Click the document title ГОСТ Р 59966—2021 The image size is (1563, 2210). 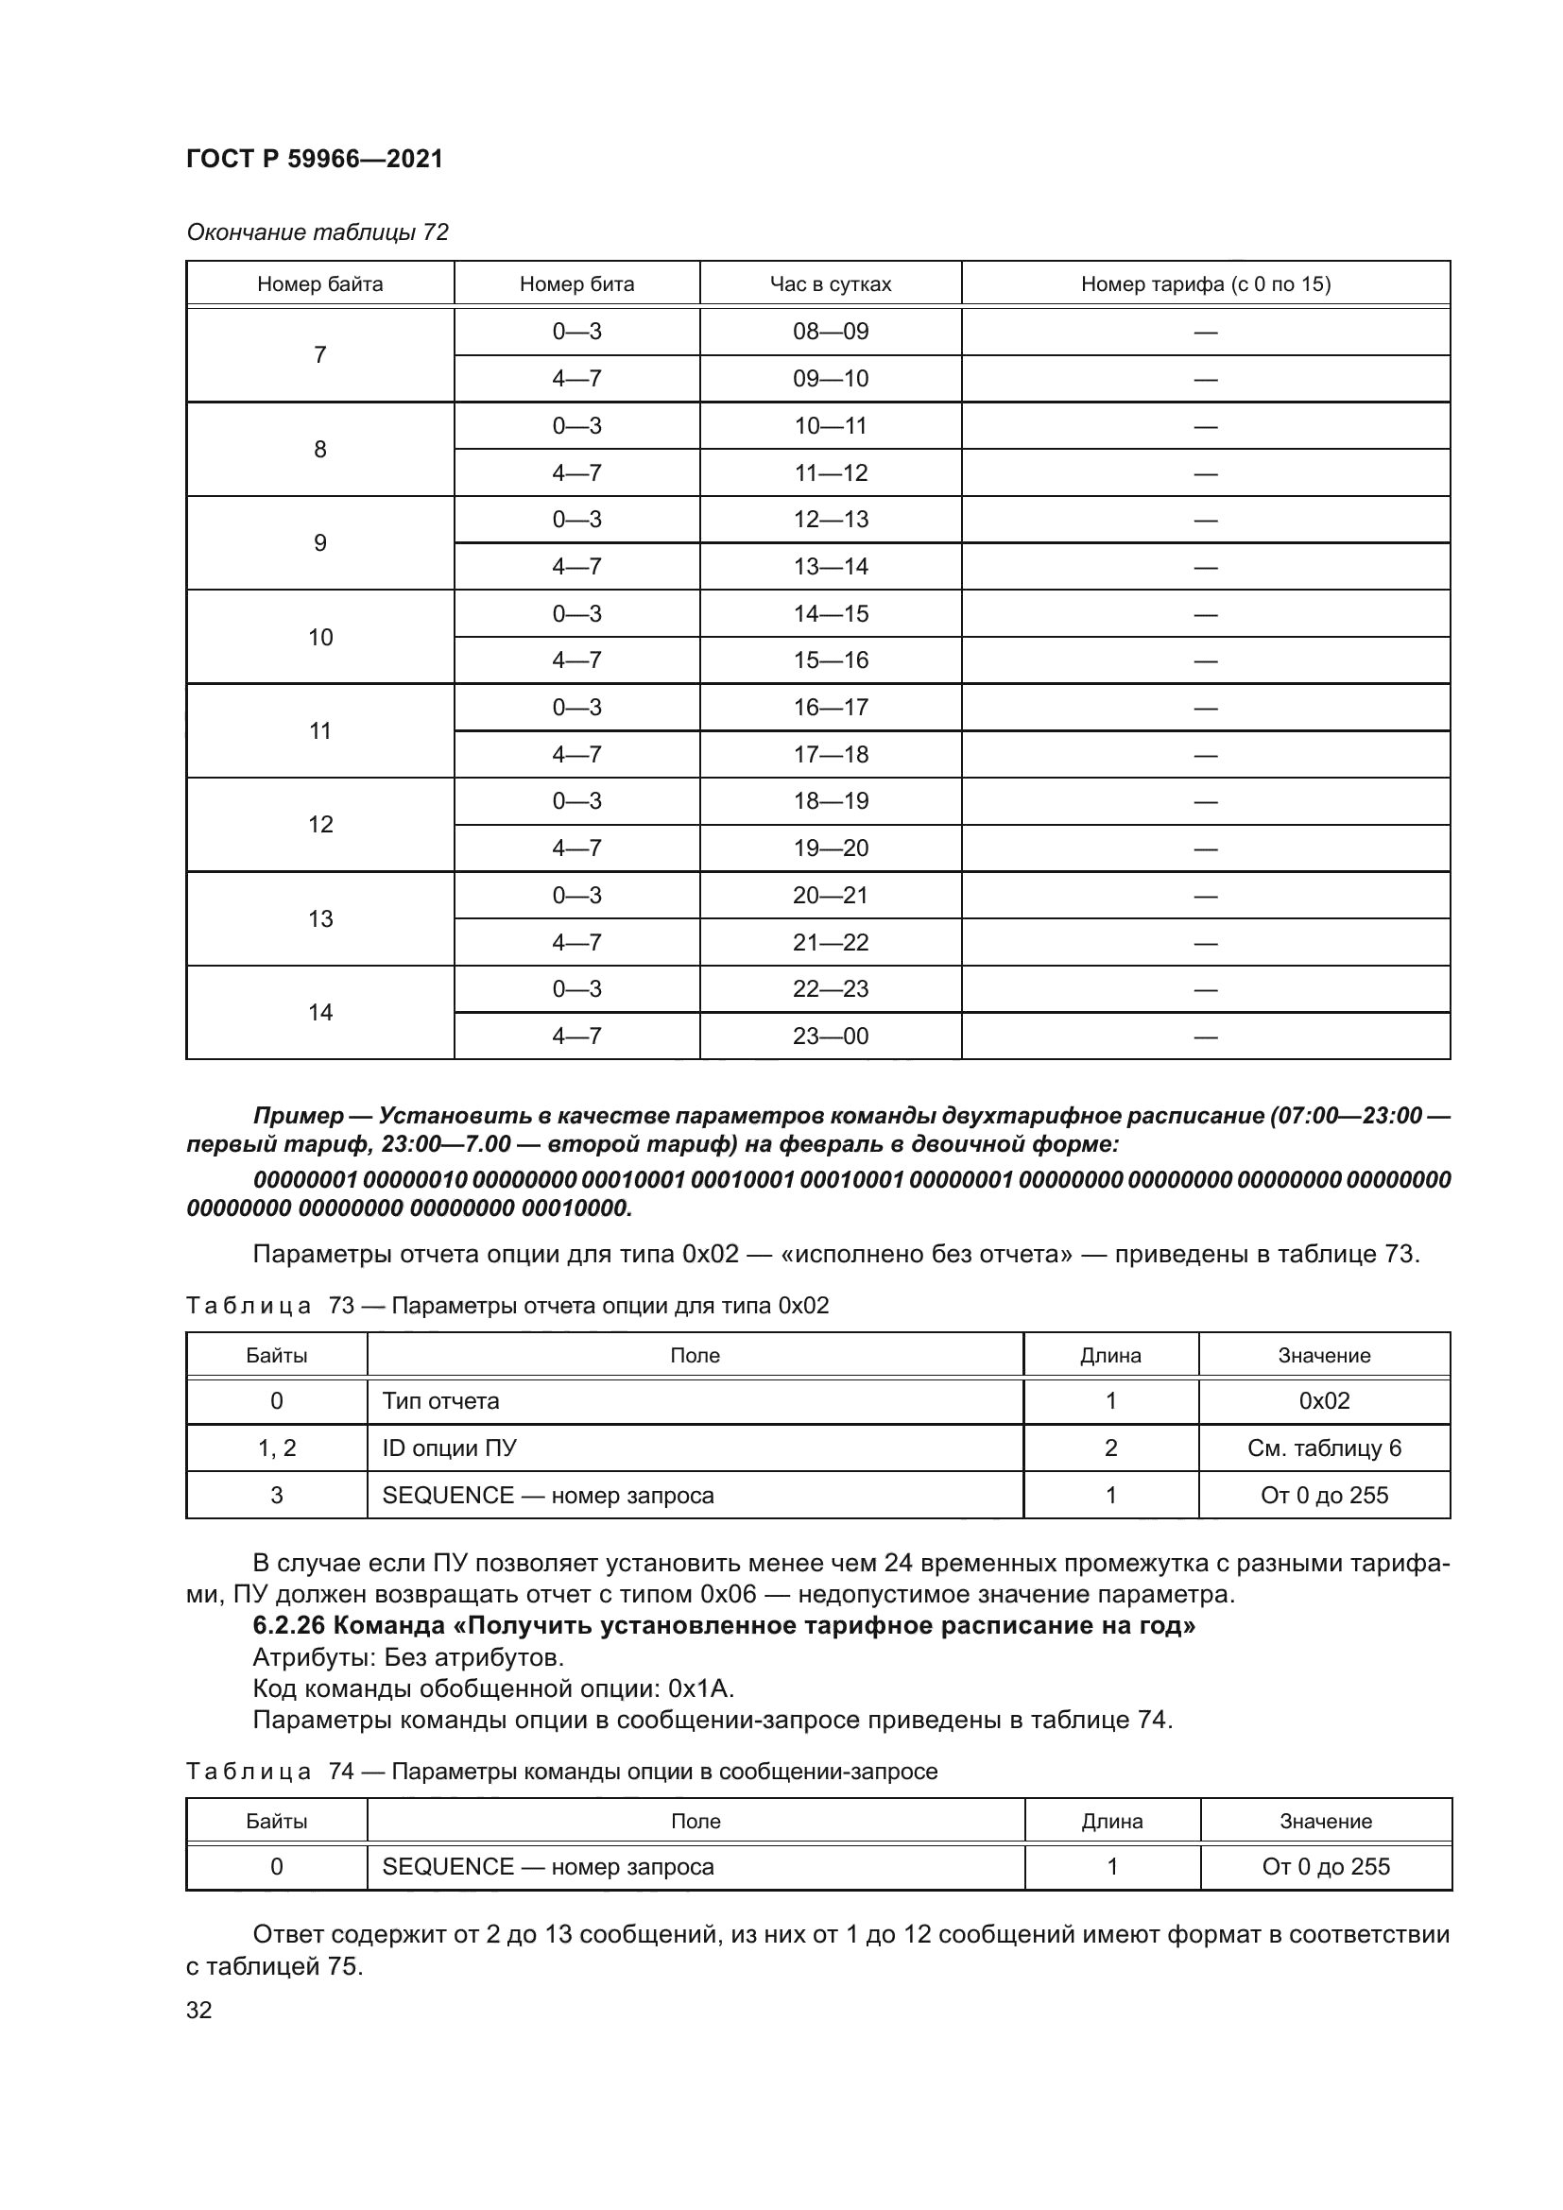[315, 159]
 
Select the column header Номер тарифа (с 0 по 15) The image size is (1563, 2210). [1205, 284]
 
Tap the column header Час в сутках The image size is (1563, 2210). [830, 284]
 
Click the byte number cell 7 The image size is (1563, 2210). [319, 355]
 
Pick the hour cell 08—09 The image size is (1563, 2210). [830, 331]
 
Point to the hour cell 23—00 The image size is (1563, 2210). [830, 1036]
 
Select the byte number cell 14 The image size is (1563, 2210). [319, 1012]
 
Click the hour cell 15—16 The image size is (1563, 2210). [830, 660]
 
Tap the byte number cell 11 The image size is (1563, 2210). [319, 730]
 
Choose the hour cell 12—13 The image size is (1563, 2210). [830, 520]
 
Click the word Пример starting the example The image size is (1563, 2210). [299, 1116]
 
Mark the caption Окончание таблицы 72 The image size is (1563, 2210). [318, 232]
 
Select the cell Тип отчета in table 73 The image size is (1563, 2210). [440, 1400]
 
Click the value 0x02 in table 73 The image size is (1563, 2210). [1324, 1400]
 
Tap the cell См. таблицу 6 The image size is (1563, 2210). [1324, 1448]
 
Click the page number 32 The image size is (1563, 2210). [199, 2010]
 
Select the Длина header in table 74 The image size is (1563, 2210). [1111, 1821]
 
